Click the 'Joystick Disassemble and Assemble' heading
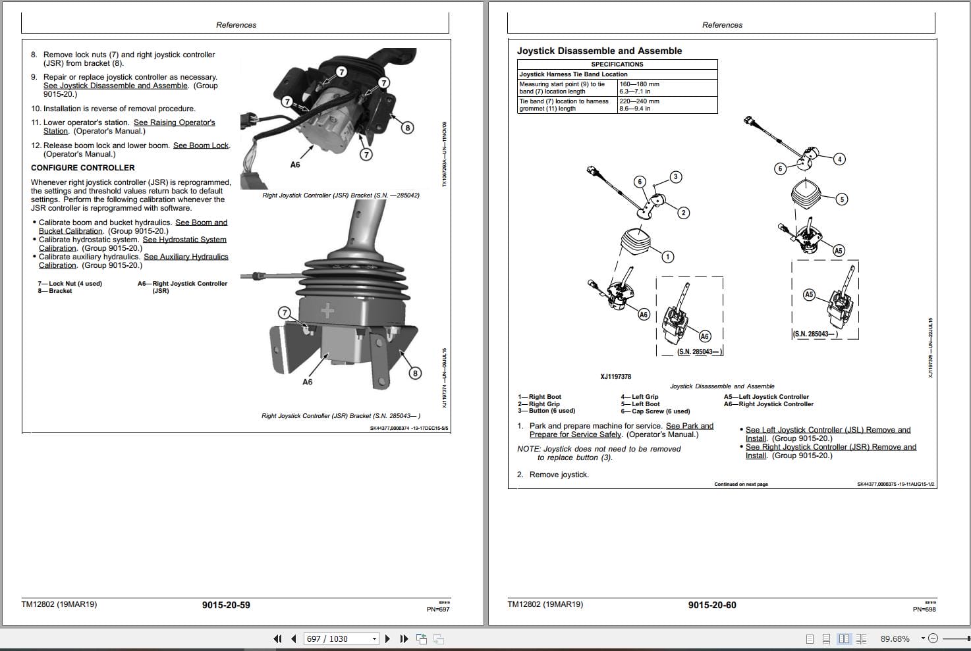(x=599, y=51)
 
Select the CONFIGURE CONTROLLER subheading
(x=82, y=168)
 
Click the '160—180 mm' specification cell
(x=639, y=84)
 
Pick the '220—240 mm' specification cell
(x=639, y=101)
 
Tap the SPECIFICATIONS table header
(x=617, y=65)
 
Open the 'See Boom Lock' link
(x=201, y=145)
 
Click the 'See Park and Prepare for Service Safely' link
(x=689, y=426)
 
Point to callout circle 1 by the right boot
(x=668, y=257)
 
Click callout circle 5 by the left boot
(x=841, y=199)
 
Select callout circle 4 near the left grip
(x=839, y=159)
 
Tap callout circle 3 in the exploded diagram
(x=675, y=176)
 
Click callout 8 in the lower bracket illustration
(x=415, y=373)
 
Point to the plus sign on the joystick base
(x=327, y=311)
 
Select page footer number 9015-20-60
(x=712, y=605)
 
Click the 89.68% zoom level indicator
(x=895, y=638)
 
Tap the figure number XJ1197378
(x=615, y=377)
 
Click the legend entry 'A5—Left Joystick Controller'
(x=765, y=397)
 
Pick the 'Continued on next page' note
(x=740, y=484)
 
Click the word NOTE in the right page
(x=528, y=449)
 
